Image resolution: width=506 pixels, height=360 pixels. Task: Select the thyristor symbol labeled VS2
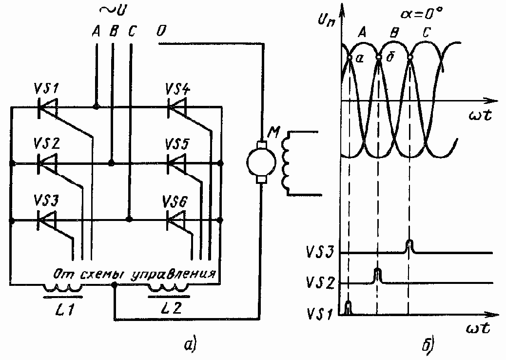[x=47, y=163]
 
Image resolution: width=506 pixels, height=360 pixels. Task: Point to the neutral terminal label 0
[x=160, y=32]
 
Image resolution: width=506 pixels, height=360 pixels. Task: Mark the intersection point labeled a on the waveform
[x=350, y=58]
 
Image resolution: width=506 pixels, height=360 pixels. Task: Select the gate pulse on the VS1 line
[x=348, y=308]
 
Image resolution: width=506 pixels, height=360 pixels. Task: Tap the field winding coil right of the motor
[x=288, y=163]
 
